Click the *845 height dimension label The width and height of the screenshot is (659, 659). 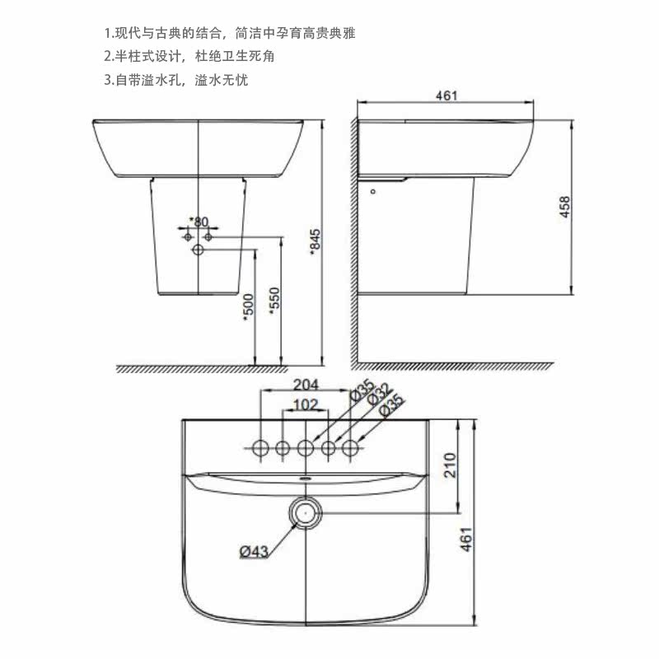[315, 242]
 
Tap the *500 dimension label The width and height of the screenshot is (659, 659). [249, 307]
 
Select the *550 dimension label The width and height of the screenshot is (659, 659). [274, 301]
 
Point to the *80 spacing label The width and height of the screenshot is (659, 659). [199, 222]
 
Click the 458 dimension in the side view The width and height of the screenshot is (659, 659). [564, 207]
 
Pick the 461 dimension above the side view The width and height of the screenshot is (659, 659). [446, 96]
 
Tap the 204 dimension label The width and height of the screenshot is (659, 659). [306, 385]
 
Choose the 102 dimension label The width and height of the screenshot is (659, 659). [306, 404]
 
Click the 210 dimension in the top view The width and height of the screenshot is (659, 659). [450, 465]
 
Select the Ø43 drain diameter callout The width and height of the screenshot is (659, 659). [254, 551]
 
